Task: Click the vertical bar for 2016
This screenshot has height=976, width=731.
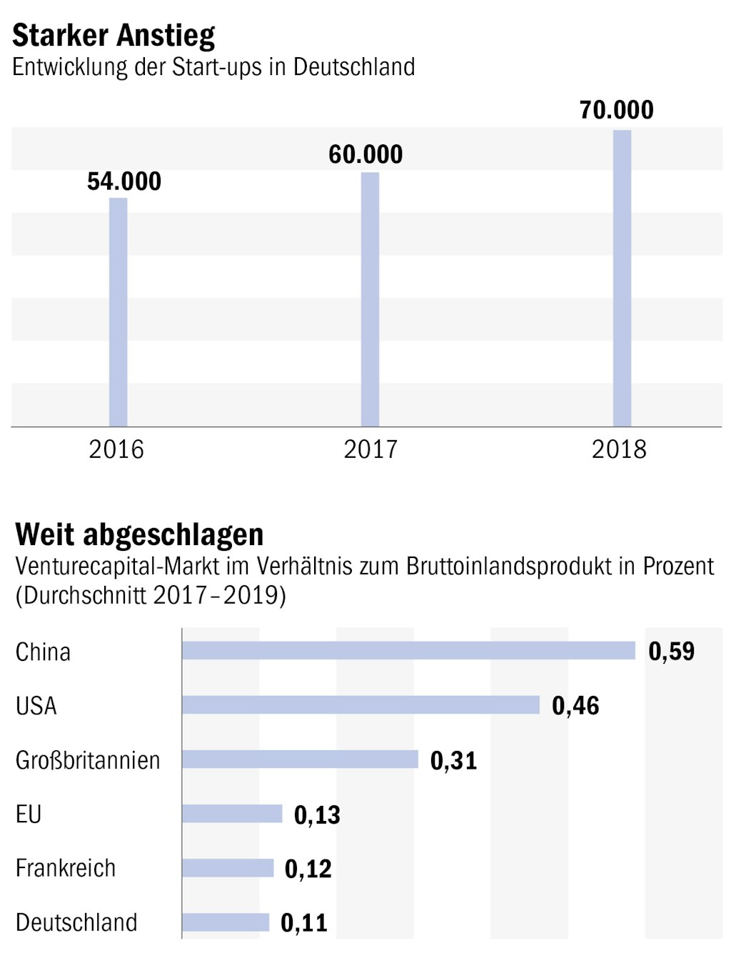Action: pyautogui.click(x=118, y=312)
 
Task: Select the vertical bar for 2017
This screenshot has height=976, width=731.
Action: pyautogui.click(x=370, y=299)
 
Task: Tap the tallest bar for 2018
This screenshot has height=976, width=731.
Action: pyautogui.click(x=622, y=278)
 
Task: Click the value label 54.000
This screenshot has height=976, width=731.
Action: pyautogui.click(x=124, y=181)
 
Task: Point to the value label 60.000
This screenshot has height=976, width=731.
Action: pyautogui.click(x=365, y=154)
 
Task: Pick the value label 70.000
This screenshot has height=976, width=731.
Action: pyautogui.click(x=616, y=110)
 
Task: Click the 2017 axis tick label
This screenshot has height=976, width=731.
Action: pyautogui.click(x=370, y=449)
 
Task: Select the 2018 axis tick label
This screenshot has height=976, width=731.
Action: pyautogui.click(x=619, y=449)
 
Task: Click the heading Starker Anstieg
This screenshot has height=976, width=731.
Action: pyautogui.click(x=114, y=35)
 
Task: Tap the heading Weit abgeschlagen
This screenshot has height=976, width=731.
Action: pyautogui.click(x=139, y=534)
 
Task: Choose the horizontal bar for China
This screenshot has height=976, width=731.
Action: pyautogui.click(x=408, y=650)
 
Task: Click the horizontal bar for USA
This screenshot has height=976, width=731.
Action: pyautogui.click(x=361, y=704)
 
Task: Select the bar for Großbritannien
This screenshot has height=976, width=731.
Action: pyautogui.click(x=300, y=759)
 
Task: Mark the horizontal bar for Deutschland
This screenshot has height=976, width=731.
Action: pyautogui.click(x=226, y=922)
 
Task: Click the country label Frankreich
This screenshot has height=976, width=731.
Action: pyautogui.click(x=66, y=868)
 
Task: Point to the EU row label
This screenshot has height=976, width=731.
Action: pyautogui.click(x=29, y=814)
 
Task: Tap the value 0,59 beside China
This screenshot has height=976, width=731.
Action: pyautogui.click(x=671, y=651)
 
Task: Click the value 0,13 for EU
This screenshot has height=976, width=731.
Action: pyautogui.click(x=317, y=815)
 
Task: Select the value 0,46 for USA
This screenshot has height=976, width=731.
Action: pyautogui.click(x=575, y=706)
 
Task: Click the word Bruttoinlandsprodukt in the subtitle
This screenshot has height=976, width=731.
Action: pyautogui.click(x=510, y=566)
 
